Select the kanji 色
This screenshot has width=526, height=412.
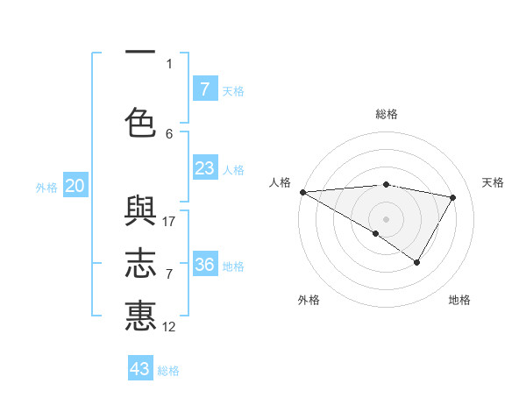140,123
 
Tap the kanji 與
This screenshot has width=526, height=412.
140,215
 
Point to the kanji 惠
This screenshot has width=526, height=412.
140,316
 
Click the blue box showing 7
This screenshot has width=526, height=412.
204,89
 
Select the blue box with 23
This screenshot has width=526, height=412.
204,168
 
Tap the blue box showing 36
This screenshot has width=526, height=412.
204,265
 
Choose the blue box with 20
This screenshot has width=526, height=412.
75,186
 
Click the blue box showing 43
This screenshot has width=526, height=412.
140,369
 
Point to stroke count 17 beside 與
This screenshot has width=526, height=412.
170,222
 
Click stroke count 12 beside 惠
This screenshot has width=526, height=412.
170,327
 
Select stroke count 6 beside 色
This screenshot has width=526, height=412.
169,134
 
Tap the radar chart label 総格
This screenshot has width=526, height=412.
387,114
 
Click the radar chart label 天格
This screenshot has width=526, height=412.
494,182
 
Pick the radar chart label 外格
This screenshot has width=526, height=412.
309,300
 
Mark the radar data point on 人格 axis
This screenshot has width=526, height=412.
302,192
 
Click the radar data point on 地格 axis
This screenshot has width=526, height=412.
417,262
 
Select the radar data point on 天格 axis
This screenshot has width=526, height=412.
453,197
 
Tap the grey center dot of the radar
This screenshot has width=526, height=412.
386,218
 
